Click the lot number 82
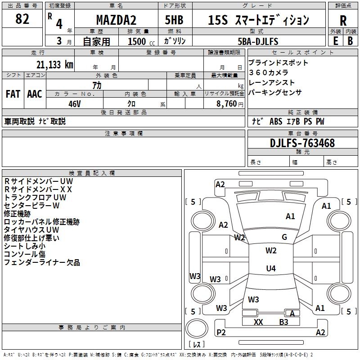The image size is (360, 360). [x=22, y=19]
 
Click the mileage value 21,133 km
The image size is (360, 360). [x=53, y=65]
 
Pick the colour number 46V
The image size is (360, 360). [x=74, y=103]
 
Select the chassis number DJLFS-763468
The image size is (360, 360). [x=302, y=143]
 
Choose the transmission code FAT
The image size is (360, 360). [x=13, y=94]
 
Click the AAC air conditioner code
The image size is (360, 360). [x=35, y=94]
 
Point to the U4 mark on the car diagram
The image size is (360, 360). [x=270, y=269]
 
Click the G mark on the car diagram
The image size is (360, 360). [x=284, y=237]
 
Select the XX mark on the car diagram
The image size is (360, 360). [x=258, y=322]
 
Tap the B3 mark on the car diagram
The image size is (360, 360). [x=283, y=322]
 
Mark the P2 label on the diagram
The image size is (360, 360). [x=221, y=332]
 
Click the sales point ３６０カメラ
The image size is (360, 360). [x=268, y=72]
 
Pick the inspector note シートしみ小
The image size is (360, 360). [x=25, y=246]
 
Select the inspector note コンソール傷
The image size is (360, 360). [x=25, y=254]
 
